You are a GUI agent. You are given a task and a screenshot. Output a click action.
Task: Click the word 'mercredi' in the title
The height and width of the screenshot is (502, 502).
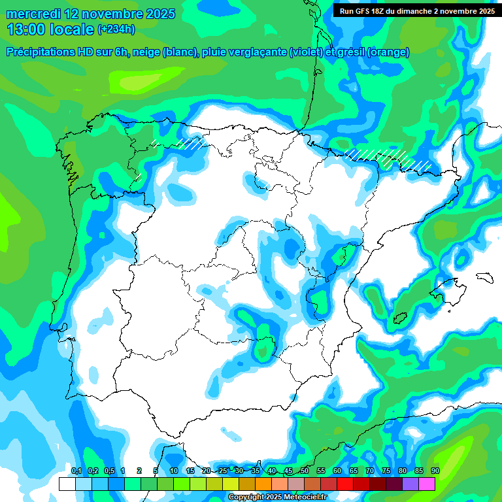32,14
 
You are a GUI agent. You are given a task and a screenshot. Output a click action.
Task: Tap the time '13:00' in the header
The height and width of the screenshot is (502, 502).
25,29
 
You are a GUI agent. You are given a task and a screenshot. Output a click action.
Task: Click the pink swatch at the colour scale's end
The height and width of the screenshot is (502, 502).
427,484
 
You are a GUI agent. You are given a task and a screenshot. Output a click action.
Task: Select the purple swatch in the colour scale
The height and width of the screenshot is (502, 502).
410,484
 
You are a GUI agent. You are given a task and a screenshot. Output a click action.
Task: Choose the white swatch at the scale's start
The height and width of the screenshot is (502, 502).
67,484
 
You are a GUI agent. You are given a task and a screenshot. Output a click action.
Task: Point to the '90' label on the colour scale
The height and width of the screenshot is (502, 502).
435,471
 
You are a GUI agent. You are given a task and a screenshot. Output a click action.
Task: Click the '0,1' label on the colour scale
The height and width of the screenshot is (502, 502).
76,471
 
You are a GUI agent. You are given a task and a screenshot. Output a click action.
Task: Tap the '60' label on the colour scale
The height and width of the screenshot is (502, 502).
337,471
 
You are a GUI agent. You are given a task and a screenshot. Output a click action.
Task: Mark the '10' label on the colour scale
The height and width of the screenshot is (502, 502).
174,471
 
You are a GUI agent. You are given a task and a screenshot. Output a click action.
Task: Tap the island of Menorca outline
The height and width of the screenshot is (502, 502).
484,276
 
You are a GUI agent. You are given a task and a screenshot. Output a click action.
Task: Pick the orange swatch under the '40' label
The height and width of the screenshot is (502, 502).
263,484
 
